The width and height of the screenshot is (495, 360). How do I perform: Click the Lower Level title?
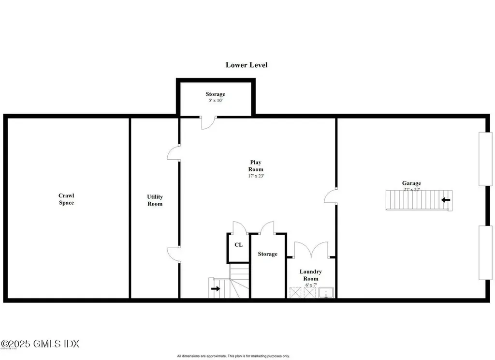(247, 65)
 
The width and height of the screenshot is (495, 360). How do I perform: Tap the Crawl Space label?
(66, 199)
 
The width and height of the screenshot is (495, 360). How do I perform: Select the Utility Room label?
(155, 200)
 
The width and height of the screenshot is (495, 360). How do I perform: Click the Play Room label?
(256, 166)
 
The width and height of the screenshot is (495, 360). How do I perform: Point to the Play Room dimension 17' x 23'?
(256, 176)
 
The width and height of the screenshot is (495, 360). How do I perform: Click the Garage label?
(411, 183)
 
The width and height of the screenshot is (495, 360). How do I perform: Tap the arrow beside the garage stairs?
(446, 199)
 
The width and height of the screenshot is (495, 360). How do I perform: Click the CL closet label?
(238, 245)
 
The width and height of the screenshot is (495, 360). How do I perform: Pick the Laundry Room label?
(310, 275)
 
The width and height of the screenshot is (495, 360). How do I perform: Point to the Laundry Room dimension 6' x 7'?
(310, 285)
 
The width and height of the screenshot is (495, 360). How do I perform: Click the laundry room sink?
(327, 292)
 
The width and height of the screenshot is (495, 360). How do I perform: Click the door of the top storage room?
(208, 122)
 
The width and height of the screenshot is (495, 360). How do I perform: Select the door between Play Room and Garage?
(330, 195)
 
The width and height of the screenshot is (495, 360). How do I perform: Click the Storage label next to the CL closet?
(267, 254)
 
